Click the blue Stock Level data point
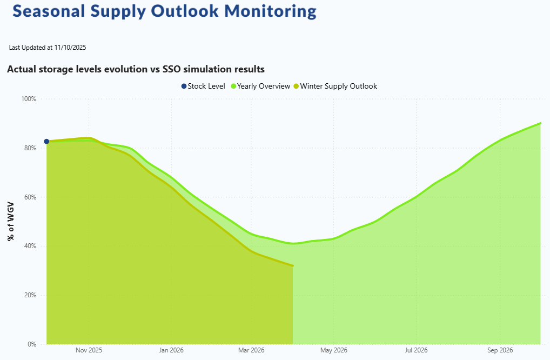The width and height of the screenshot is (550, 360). [46, 142]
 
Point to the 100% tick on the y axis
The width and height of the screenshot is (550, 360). [29, 99]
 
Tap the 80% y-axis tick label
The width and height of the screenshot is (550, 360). [30, 148]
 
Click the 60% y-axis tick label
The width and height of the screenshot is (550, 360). [30, 197]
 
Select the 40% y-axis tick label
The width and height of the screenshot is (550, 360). [30, 246]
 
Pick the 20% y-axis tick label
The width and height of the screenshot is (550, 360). [30, 295]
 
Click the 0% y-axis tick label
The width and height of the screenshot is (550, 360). [31, 344]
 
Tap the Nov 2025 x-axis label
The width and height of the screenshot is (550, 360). [89, 350]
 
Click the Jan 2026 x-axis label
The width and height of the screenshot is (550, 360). [171, 350]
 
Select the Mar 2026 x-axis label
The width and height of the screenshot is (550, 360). [251, 350]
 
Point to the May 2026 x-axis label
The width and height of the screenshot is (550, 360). [333, 350]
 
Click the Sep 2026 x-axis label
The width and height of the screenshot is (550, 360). [500, 350]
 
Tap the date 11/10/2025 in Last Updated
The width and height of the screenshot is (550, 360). [70, 48]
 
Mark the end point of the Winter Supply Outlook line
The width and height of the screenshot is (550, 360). [293, 265]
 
